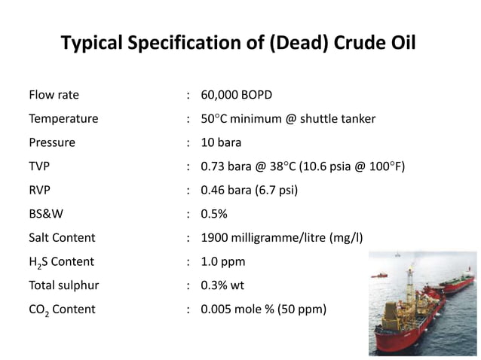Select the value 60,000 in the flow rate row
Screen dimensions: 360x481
pos(219,96)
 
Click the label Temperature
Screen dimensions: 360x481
pos(63,119)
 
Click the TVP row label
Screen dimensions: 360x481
pos(40,166)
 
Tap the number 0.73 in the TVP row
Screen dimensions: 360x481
pos(213,166)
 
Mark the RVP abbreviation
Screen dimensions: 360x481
pos(41,190)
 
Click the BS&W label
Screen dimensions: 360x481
pos(45,214)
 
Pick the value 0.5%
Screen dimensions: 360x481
pos(214,214)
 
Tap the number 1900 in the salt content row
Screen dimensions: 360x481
pos(215,237)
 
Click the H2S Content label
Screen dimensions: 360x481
pos(61,262)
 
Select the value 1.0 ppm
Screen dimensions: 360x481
pos(222,261)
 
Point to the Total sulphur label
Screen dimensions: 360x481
pos(64,285)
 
